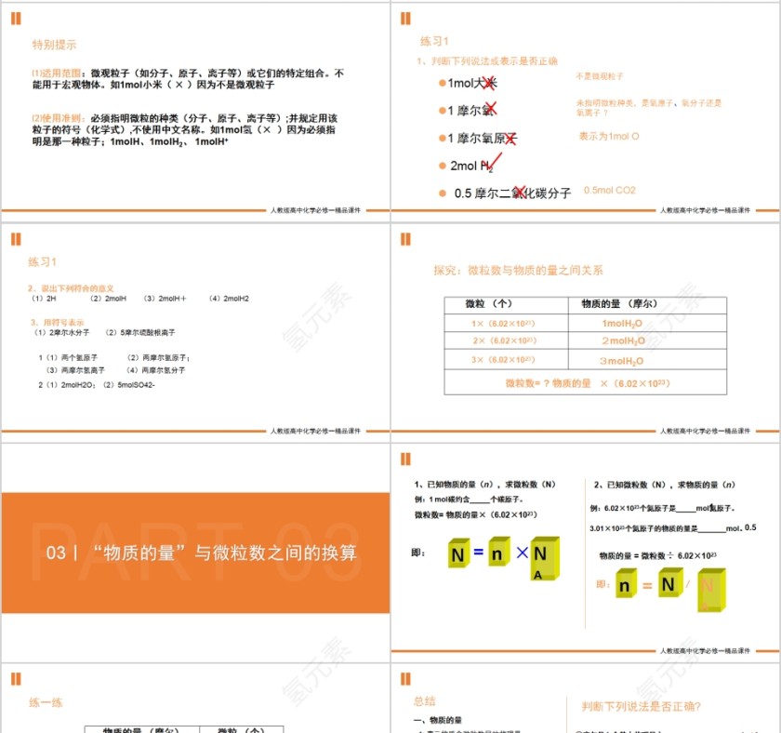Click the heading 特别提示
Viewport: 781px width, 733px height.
pos(55,44)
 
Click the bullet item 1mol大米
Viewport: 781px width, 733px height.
pos(473,84)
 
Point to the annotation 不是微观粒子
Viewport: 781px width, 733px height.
pos(600,76)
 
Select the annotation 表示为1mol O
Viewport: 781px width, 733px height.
pos(609,137)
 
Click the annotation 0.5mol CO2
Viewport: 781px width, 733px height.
pos(610,191)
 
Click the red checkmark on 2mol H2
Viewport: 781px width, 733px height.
pos(492,164)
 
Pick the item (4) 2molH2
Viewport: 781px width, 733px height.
pos(229,299)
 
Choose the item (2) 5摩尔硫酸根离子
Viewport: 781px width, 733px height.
pos(140,332)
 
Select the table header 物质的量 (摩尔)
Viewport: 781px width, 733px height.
pos(618,304)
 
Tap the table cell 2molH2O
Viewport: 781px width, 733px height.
pos(622,341)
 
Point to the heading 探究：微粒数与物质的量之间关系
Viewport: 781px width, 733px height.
pos(518,271)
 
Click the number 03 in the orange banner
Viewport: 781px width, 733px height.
pos(56,553)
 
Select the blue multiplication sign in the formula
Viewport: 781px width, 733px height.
pos(522,553)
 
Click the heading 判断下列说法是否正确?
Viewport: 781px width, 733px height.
pos(641,707)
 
